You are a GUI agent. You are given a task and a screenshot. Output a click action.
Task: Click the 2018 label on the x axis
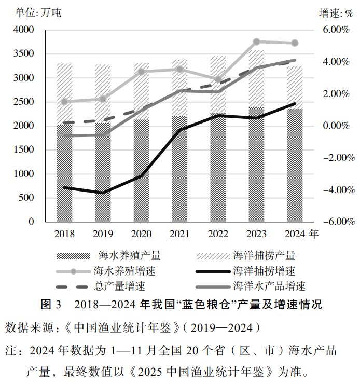click(64, 234)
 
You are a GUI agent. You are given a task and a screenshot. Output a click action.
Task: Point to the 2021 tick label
click(179, 234)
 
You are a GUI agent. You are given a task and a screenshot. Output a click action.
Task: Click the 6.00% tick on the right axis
click(336, 30)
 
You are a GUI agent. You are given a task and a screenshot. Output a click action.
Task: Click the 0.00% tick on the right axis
click(336, 126)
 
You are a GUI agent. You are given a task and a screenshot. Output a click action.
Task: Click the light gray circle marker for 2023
click(256, 42)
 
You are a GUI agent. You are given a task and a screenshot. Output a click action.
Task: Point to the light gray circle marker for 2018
click(64, 102)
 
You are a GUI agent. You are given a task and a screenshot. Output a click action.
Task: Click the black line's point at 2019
click(103, 193)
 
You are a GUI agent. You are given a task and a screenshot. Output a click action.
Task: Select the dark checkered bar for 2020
click(141, 171)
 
